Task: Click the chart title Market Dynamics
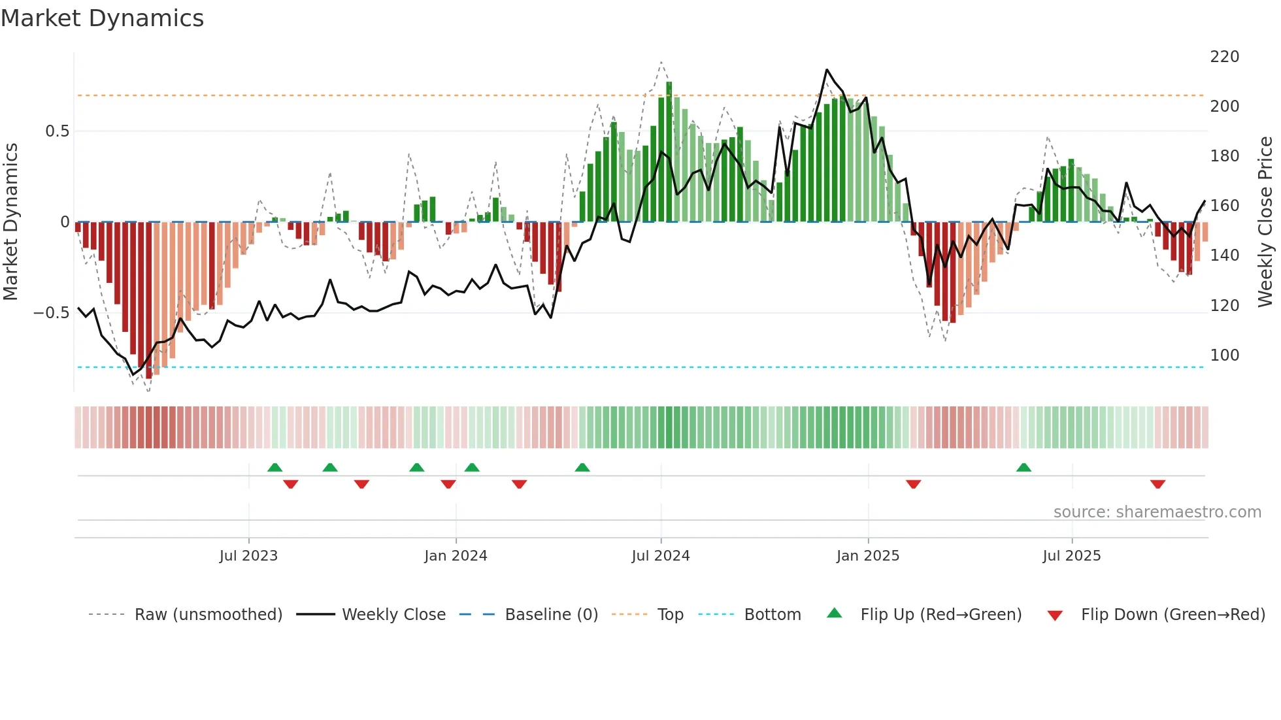coord(102,18)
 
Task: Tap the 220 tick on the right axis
coord(1224,57)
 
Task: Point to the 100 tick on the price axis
coord(1224,355)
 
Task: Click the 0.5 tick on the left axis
coord(57,131)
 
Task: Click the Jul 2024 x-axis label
coord(660,556)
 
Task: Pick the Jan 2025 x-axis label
coord(867,556)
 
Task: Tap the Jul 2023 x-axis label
coord(248,556)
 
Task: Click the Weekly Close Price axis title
coord(1265,221)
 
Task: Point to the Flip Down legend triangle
coord(1054,615)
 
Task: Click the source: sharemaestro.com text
coord(1157,512)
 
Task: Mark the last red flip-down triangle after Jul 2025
coord(1157,484)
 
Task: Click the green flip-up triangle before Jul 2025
coord(1023,467)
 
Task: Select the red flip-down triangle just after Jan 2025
coord(913,484)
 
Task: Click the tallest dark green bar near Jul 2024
coord(669,150)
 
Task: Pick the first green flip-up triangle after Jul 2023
coord(274,467)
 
